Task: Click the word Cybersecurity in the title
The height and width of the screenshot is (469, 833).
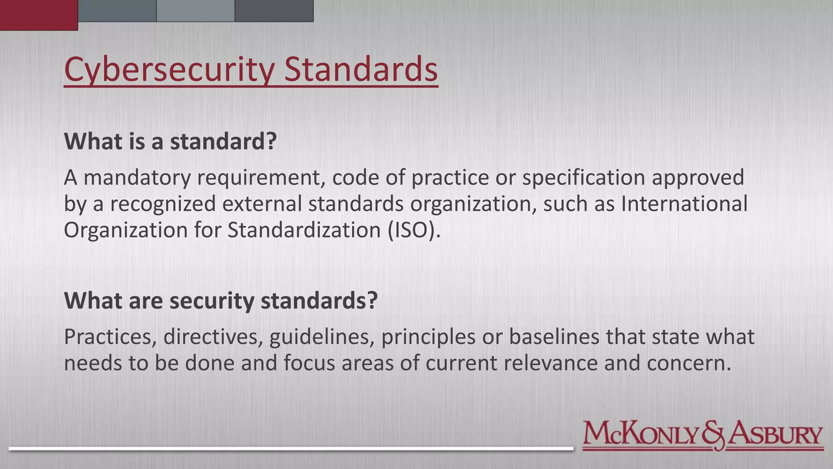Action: [169, 70]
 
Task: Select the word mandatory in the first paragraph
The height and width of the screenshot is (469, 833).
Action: [137, 178]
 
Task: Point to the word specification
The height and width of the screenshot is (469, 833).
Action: [584, 178]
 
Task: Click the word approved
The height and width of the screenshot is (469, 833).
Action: [698, 178]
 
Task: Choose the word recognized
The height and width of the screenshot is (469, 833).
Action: [163, 204]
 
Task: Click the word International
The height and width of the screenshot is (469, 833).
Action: [684, 204]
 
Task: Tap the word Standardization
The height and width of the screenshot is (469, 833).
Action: [304, 230]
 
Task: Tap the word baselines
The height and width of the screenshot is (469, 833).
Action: [554, 337]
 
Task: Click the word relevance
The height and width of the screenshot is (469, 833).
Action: [551, 363]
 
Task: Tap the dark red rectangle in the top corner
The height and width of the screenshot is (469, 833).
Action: [39, 15]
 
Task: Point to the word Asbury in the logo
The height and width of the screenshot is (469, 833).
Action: [775, 434]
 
